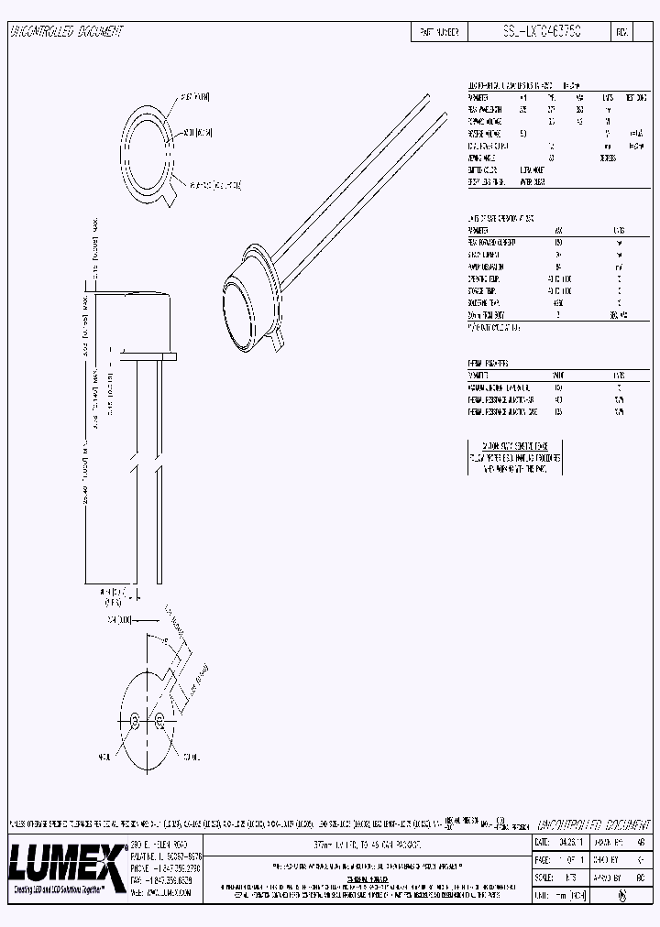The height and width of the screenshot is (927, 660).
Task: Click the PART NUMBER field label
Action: [438, 32]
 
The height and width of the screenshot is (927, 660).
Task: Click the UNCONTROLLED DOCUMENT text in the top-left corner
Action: [66, 32]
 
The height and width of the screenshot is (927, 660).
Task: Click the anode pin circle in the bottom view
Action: [135, 720]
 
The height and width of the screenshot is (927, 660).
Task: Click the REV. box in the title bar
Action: [621, 32]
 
